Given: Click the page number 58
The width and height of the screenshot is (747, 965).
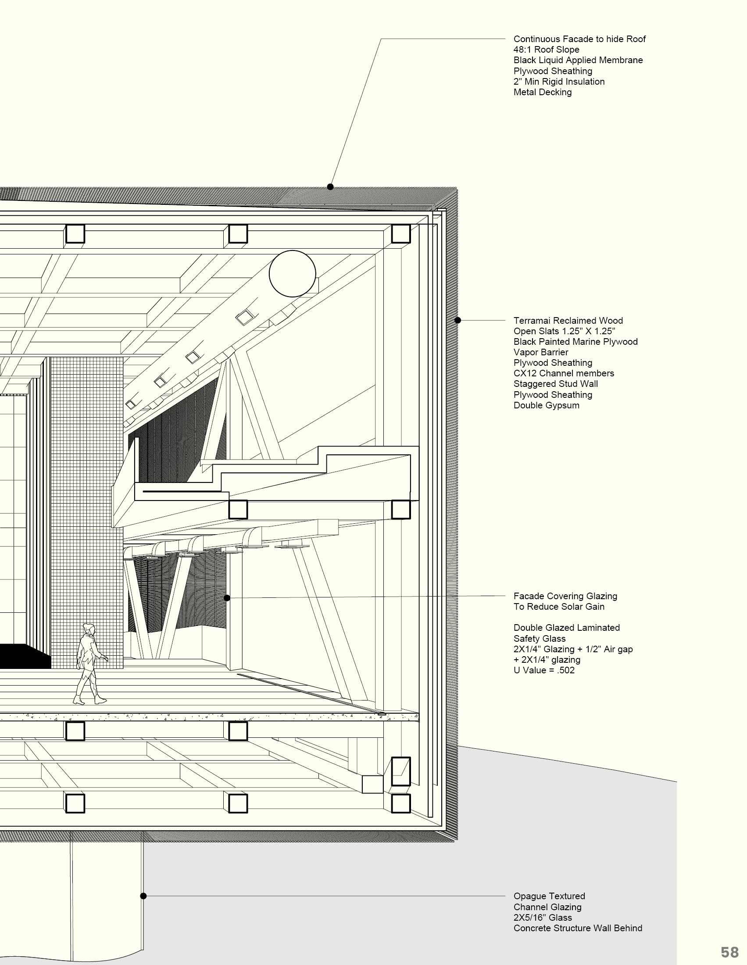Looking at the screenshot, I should [x=729, y=952].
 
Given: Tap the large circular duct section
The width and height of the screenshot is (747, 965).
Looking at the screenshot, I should [x=293, y=274].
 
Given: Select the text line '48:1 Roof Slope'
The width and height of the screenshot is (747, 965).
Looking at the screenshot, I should [x=546, y=50].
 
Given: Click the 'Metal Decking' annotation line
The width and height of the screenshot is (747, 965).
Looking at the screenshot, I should [x=542, y=92].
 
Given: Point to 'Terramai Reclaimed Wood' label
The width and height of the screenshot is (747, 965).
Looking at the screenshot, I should [x=568, y=320].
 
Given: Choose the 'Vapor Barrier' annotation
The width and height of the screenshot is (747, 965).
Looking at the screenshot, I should [x=540, y=352].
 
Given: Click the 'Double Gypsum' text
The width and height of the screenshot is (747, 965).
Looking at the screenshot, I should [x=546, y=405].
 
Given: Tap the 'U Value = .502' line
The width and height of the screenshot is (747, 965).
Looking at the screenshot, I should [x=544, y=670].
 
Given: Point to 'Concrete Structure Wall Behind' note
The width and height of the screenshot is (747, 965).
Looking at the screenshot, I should [x=577, y=928].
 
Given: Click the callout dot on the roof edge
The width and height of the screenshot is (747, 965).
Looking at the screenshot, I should [x=330, y=187].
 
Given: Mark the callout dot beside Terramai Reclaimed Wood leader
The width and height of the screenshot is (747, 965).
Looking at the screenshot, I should [x=458, y=320].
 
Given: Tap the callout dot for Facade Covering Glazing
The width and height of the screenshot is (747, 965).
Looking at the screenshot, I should [x=227, y=598].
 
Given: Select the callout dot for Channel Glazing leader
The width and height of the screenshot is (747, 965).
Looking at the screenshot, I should [x=143, y=896].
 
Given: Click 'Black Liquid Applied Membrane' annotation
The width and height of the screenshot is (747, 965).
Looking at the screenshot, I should [x=578, y=60].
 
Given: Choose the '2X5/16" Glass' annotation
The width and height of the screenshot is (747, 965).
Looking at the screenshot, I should [x=543, y=917].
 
